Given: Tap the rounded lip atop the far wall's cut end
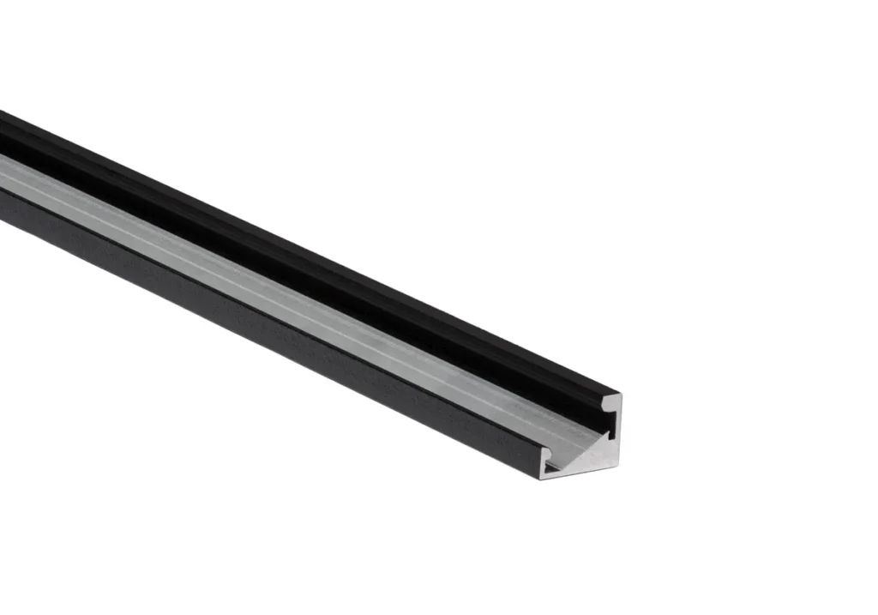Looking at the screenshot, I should click(x=610, y=400).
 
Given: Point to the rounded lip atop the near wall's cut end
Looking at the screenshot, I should click(x=547, y=453).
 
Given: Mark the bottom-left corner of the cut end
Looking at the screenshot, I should click(x=542, y=479).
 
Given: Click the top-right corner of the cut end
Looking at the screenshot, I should click(x=621, y=395).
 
